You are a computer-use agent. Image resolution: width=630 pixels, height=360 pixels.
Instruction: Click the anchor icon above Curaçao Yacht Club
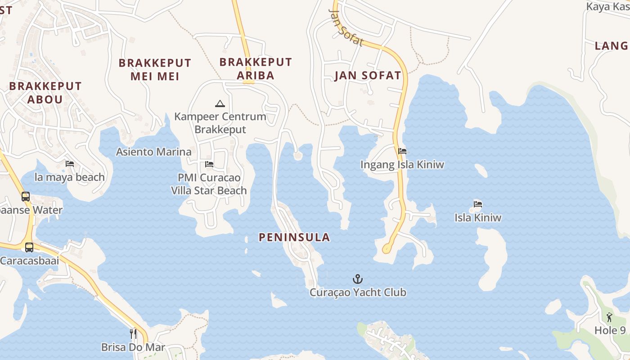coord(358,279)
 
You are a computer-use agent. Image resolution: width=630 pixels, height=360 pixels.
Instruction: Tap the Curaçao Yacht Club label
coord(358,292)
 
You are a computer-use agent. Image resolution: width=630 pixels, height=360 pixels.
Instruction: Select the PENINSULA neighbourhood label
coord(294,238)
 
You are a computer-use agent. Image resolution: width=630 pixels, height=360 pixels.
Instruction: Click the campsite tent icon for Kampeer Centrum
coord(220,104)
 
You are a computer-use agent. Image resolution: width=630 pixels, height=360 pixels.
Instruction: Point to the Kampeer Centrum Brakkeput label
coord(220,123)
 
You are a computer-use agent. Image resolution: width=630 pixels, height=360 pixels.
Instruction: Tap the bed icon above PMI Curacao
coord(209,164)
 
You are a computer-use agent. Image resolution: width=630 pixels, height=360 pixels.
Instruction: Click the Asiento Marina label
coord(154,152)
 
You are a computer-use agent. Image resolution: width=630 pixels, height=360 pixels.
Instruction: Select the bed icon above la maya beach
coord(70,164)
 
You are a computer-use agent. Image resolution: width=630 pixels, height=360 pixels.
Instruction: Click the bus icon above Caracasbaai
coord(29,247)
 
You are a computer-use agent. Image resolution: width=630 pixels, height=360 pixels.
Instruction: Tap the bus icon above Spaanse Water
coord(26,197)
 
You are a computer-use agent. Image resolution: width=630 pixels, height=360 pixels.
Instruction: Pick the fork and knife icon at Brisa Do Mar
coord(133,333)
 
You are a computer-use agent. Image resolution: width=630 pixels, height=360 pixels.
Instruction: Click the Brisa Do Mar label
coord(133,347)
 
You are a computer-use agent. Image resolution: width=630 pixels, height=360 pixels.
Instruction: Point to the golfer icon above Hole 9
coord(609,317)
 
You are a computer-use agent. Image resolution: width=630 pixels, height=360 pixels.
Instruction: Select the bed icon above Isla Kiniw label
coord(478,204)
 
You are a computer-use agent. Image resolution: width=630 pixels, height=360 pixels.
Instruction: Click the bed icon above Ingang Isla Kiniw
coord(402,151)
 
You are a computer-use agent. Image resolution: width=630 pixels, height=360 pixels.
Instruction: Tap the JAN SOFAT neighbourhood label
coord(368,76)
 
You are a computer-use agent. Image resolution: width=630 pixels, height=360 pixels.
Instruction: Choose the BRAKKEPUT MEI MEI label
coord(155,70)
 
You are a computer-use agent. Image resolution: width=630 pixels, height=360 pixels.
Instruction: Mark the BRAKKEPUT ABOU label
coord(45,93)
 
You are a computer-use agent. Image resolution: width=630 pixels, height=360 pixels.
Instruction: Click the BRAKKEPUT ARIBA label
coord(256,68)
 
